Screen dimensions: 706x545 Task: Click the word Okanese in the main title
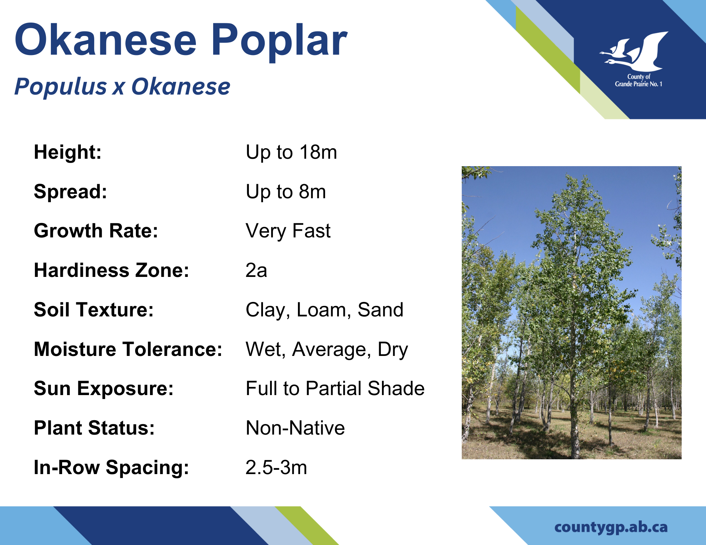tap(106, 40)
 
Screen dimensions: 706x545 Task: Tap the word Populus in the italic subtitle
tap(60, 87)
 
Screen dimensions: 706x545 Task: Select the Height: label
tap(68, 152)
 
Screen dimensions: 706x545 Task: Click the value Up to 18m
tap(291, 152)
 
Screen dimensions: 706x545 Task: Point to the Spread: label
tap(71, 192)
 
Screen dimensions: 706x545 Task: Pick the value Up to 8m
tap(286, 192)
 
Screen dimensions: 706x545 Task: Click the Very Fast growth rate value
tap(288, 231)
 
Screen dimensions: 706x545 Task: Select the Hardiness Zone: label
tap(112, 271)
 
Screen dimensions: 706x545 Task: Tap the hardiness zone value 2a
tap(256, 271)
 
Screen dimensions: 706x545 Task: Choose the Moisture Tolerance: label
tap(128, 349)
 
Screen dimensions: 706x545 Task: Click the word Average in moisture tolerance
tap(331, 350)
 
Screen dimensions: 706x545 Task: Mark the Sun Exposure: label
tap(104, 389)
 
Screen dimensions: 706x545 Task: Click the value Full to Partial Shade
tap(335, 389)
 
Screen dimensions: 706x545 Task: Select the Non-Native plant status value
tap(295, 428)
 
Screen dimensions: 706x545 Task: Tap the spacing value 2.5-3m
tap(276, 468)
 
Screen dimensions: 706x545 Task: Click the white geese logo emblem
tap(634, 52)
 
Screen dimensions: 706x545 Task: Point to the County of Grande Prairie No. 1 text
tap(639, 80)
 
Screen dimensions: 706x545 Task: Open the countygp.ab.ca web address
tap(611, 527)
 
